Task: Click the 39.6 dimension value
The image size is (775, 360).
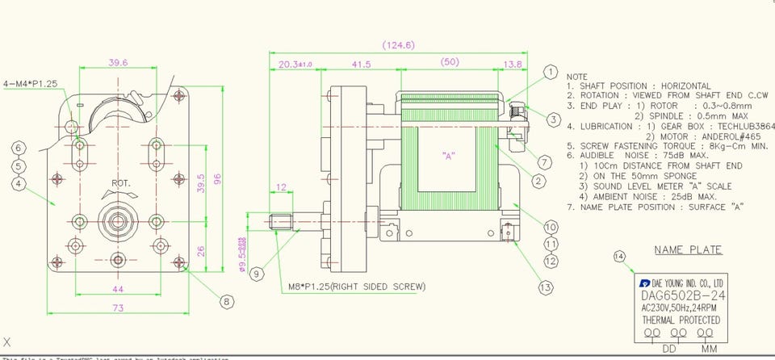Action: (x=118, y=62)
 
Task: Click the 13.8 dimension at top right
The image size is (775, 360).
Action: (x=512, y=65)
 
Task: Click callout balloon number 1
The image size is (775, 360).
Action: (x=550, y=73)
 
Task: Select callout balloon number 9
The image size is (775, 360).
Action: (x=257, y=274)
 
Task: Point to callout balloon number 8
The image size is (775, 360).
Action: (x=227, y=302)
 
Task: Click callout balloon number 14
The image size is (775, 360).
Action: (x=619, y=256)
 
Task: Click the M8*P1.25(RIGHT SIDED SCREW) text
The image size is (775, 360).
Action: (x=357, y=287)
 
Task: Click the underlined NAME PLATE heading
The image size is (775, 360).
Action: (x=688, y=249)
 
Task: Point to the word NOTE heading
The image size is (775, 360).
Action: (x=578, y=75)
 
